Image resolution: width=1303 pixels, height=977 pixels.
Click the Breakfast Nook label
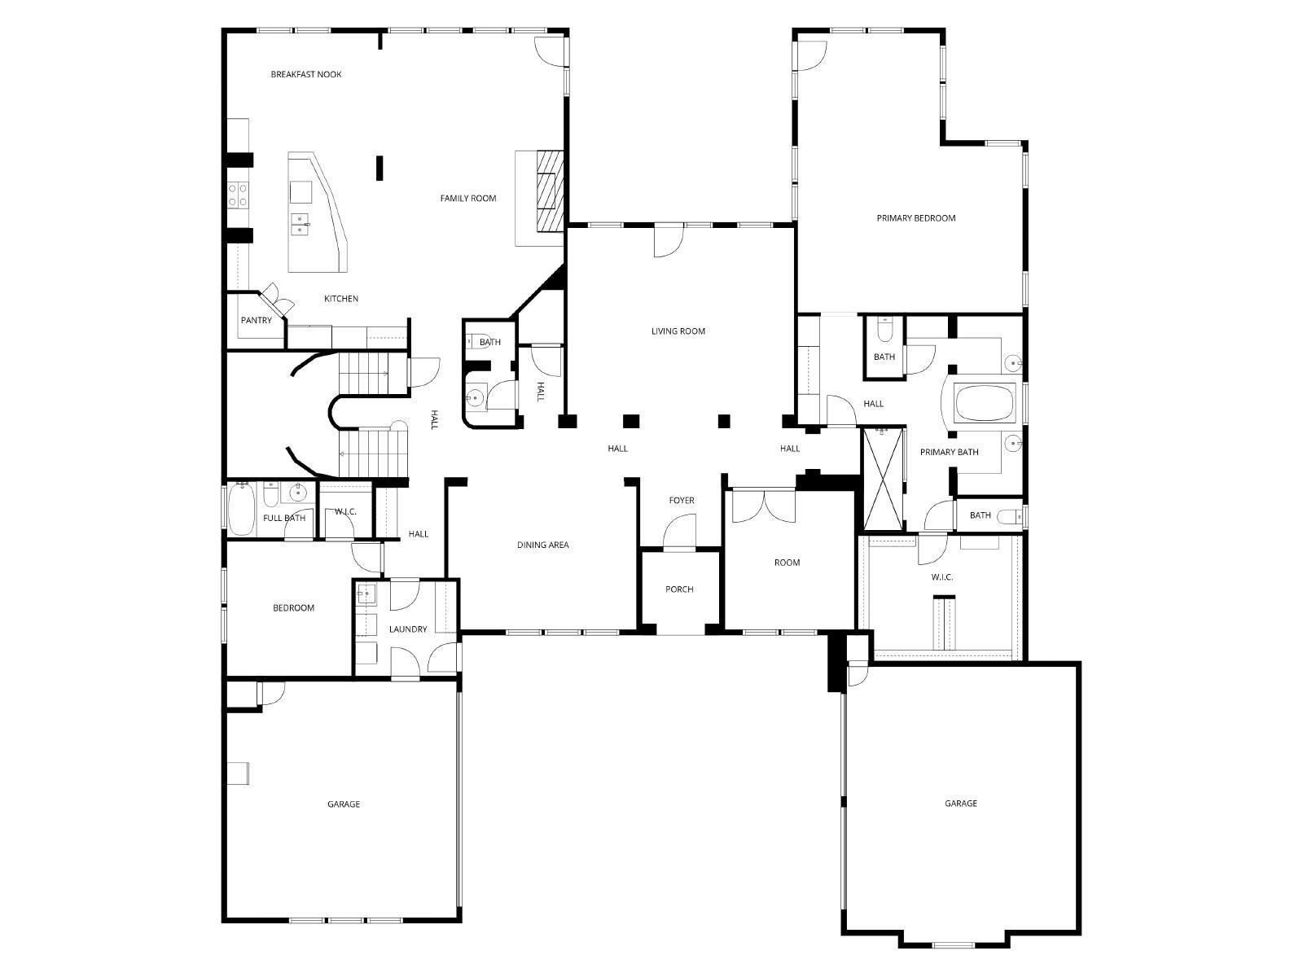click(306, 75)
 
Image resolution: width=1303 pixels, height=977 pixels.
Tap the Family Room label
click(468, 199)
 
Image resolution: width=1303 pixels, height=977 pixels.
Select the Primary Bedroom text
click(916, 218)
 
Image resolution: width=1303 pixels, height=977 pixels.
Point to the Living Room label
click(678, 331)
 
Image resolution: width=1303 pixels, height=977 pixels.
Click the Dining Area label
click(543, 545)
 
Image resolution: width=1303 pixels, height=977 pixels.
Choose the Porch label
click(679, 589)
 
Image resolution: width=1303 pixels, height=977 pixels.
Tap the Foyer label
click(682, 501)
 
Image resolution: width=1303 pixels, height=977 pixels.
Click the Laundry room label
click(408, 629)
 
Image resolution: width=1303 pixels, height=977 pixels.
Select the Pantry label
click(257, 321)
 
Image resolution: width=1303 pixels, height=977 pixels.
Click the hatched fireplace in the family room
click(550, 191)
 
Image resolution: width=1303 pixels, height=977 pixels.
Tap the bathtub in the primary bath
click(985, 403)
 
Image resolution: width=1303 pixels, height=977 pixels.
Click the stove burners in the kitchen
click(238, 195)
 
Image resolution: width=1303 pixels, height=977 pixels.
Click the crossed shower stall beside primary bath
click(883, 479)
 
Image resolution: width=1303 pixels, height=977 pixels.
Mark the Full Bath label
click(284, 519)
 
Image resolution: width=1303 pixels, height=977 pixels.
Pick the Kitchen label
click(341, 300)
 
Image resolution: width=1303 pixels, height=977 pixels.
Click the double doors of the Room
click(764, 506)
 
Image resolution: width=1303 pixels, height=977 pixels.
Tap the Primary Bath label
click(950, 453)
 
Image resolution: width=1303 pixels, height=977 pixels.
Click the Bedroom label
click(293, 608)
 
